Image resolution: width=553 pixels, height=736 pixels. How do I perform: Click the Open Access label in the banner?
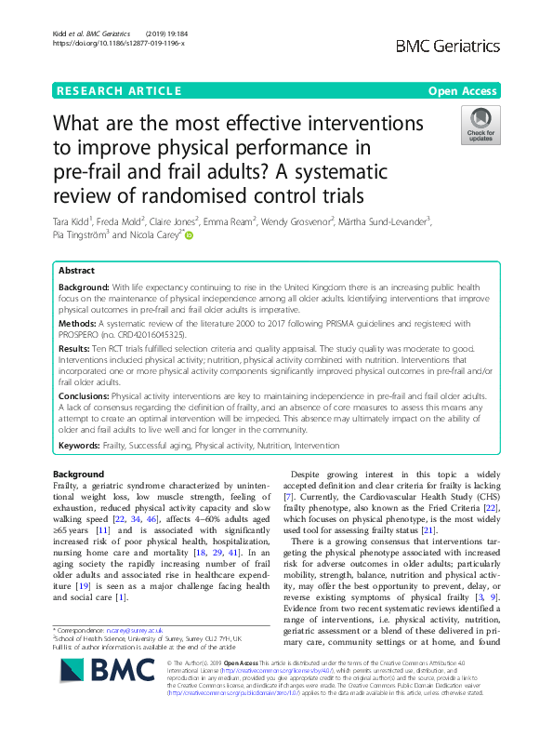(465, 91)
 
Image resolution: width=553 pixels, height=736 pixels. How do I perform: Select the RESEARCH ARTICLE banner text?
(117, 91)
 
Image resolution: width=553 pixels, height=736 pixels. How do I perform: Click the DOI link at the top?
(105, 44)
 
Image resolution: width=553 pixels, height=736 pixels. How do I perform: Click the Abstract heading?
(78, 269)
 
